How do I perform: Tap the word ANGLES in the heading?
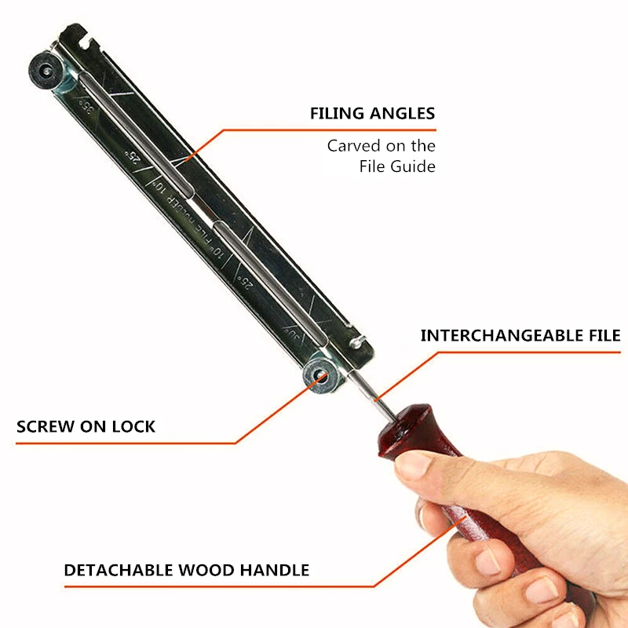(x=403, y=114)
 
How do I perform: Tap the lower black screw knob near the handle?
(x=321, y=374)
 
